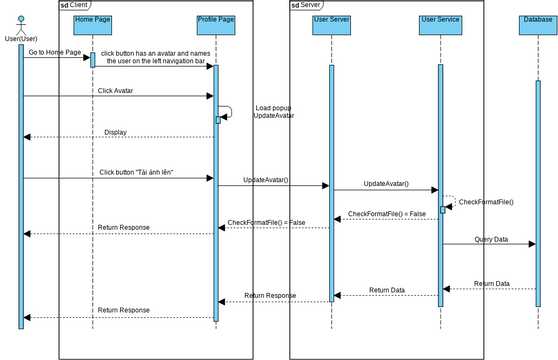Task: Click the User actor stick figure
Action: click(x=20, y=25)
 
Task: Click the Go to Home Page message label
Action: click(x=55, y=52)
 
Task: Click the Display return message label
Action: click(x=117, y=131)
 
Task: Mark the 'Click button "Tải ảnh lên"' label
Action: click(x=137, y=172)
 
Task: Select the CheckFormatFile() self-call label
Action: click(x=486, y=202)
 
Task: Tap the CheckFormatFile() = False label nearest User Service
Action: click(x=386, y=213)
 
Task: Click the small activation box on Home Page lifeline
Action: click(x=93, y=60)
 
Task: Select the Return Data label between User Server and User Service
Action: click(x=386, y=290)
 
